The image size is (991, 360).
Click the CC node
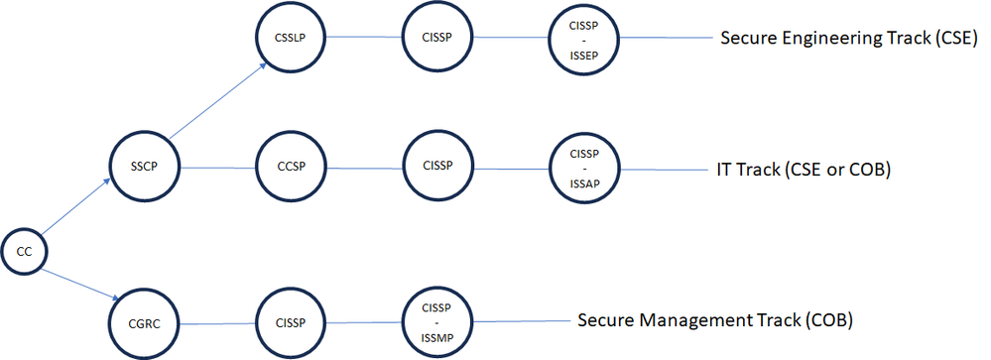[24, 252]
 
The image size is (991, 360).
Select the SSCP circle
[145, 168]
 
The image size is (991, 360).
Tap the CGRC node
[145, 322]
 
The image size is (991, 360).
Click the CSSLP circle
[292, 39]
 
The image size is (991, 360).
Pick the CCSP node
[292, 168]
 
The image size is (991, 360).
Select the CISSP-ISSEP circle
[583, 39]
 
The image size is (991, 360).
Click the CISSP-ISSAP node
[583, 168]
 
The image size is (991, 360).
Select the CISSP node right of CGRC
[292, 322]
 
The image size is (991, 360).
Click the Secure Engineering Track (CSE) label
[849, 39]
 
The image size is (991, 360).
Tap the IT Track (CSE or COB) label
[805, 170]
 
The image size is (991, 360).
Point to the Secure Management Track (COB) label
[715, 321]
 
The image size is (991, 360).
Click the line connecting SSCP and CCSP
[218, 168]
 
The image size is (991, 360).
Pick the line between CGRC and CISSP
[218, 322]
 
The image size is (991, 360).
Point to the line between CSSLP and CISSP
[365, 39]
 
